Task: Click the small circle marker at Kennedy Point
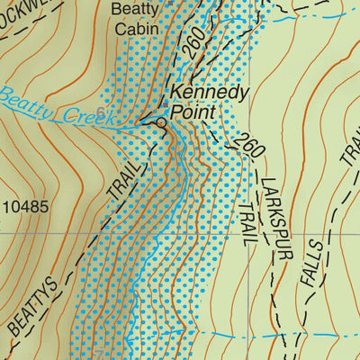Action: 161,122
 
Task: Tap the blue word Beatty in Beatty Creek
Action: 27,103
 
